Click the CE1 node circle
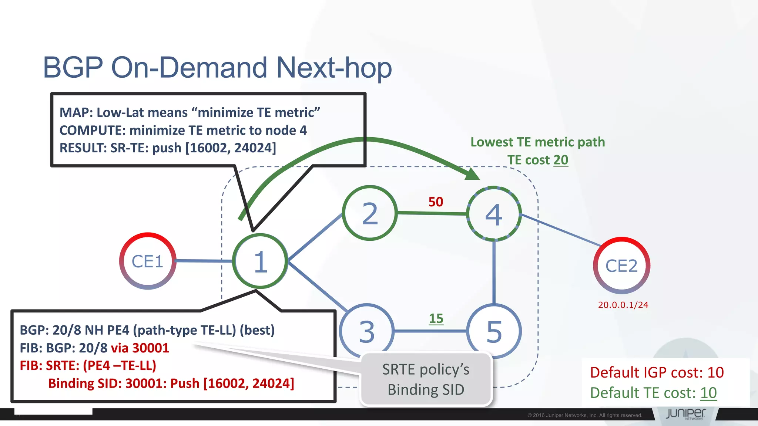[148, 261]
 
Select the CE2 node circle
[621, 266]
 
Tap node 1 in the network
[260, 261]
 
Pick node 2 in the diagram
[370, 213]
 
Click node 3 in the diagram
[367, 330]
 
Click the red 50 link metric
[436, 202]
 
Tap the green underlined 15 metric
[436, 318]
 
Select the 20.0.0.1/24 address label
[623, 305]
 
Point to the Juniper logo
[686, 414]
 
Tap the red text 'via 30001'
[140, 348]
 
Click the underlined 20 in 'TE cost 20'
[561, 160]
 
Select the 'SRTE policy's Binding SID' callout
[426, 379]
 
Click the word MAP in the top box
[74, 112]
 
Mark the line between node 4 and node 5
[494, 272]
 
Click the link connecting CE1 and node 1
[204, 261]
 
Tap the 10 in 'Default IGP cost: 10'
[715, 372]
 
